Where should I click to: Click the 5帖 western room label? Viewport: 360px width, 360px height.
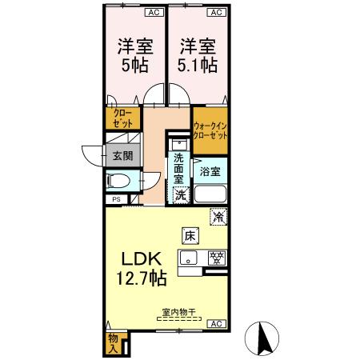(134, 54)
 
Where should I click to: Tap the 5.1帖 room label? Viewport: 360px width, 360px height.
(196, 54)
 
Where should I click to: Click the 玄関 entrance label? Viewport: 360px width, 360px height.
(122, 156)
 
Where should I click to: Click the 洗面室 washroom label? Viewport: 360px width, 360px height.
(179, 169)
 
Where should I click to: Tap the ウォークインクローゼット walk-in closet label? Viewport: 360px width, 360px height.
(210, 130)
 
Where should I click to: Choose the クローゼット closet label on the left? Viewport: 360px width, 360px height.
(122, 118)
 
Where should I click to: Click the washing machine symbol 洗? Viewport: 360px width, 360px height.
(181, 194)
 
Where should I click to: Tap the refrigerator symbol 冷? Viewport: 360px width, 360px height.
(218, 215)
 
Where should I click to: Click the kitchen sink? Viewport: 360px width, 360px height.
(190, 258)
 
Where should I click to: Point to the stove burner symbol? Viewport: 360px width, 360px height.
(215, 258)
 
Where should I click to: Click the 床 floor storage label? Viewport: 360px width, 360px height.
(190, 236)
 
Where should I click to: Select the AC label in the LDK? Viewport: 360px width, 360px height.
(215, 323)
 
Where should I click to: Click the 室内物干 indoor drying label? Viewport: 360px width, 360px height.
(171, 314)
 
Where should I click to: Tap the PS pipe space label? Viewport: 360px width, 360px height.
(117, 199)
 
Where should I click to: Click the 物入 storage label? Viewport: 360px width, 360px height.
(114, 343)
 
